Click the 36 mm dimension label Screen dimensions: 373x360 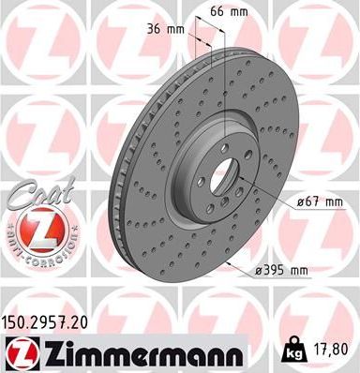(165, 28)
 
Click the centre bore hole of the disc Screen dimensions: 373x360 (218, 175)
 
